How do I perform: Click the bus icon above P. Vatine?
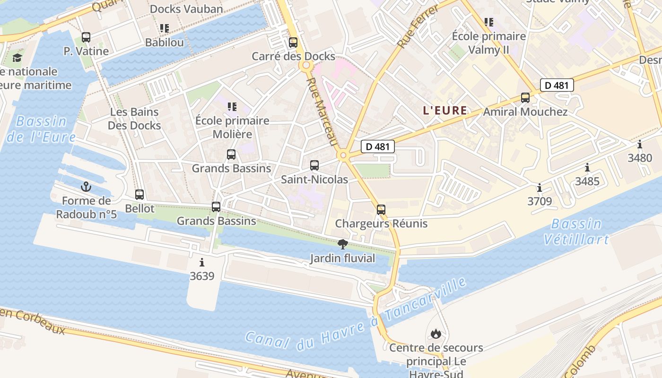click(86, 37)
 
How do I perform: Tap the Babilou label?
click(164, 42)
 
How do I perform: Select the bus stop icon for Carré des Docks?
click(293, 43)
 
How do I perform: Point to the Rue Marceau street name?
click(322, 112)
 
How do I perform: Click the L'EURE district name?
click(444, 111)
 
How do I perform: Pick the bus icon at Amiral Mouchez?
click(525, 98)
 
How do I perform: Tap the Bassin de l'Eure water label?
click(42, 129)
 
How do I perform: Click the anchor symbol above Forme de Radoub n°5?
click(86, 187)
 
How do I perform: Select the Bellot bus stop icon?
click(139, 194)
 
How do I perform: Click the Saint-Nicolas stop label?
click(314, 180)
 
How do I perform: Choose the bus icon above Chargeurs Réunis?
click(381, 209)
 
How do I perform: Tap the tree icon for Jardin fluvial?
click(343, 244)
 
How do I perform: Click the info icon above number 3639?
click(202, 262)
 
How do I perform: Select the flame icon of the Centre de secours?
click(436, 334)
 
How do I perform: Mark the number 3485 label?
click(587, 181)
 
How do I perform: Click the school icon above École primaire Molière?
click(232, 107)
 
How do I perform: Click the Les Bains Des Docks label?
click(134, 119)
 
